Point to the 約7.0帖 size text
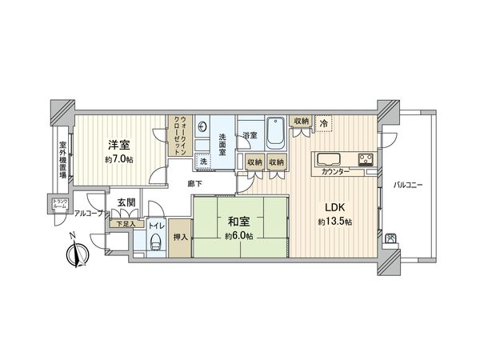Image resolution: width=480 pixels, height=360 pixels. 120,160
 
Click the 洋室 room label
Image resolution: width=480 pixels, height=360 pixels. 120,145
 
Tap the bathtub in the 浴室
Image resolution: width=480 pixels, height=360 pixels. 274,134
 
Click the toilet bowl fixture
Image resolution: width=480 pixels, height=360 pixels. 155,244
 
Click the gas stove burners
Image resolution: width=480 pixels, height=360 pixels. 366,157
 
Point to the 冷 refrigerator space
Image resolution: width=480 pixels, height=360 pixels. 324,122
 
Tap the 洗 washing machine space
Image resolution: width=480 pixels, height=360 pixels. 203,162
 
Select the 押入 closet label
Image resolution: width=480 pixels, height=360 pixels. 181,238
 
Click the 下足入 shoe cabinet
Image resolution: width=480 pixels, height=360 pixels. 126,225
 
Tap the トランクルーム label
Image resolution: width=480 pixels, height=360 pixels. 59,204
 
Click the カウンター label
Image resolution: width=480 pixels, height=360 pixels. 334,171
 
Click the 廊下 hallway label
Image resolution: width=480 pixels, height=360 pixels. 194,184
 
